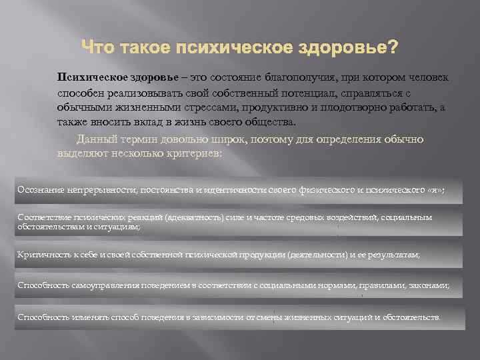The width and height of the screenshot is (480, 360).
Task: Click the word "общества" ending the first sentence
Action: (x=273, y=123)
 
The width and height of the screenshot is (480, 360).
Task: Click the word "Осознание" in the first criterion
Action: (x=39, y=190)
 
